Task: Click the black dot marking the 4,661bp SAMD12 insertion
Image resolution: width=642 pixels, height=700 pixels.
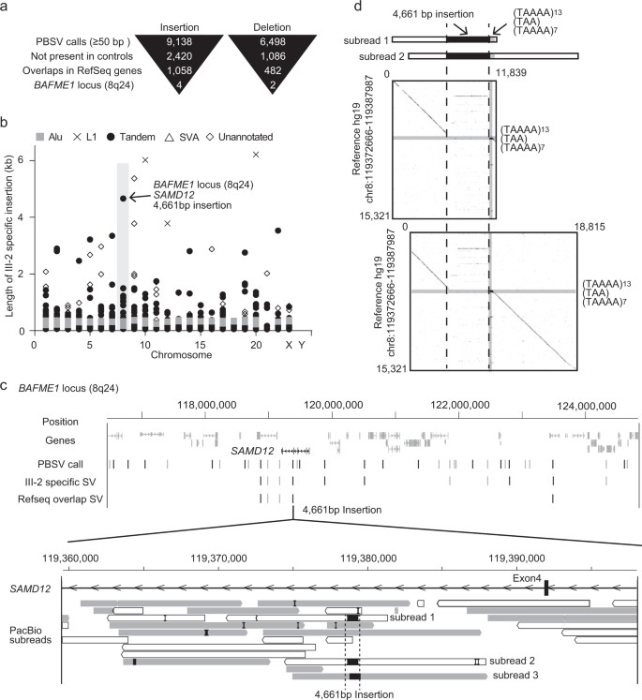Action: (123, 198)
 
